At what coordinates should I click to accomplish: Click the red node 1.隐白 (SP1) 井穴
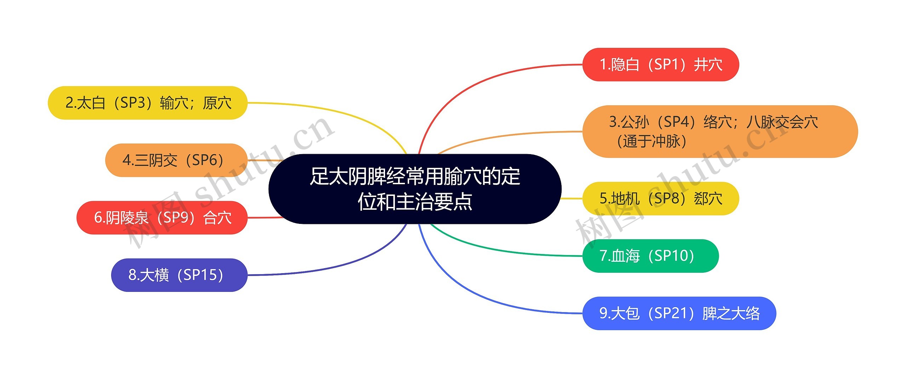[x=660, y=64]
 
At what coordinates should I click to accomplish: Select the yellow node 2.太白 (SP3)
[x=148, y=103]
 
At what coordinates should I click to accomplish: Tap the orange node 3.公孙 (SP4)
[x=720, y=131]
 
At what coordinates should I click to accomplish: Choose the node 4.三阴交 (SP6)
[x=176, y=160]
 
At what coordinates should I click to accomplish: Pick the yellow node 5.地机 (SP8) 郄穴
[x=660, y=198]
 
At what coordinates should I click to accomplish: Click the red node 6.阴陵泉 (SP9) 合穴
[x=162, y=218]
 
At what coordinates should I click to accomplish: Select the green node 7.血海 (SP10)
[x=650, y=256]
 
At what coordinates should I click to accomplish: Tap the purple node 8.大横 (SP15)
[x=179, y=275]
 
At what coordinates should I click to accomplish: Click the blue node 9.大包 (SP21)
[x=679, y=313]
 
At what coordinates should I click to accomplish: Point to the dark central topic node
[x=415, y=189]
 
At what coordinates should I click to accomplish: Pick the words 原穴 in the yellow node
[x=217, y=103]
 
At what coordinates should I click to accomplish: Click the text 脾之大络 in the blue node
[x=731, y=313]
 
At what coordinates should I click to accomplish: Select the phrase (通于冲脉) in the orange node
[x=652, y=141]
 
